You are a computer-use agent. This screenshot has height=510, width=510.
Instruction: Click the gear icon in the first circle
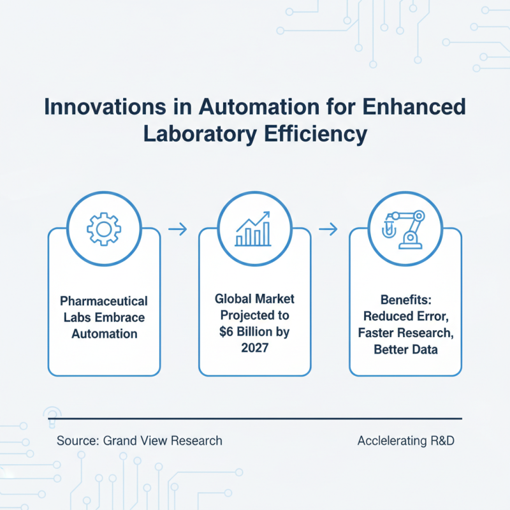pyautogui.click(x=104, y=229)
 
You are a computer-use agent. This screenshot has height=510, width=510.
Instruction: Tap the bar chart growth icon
pyautogui.click(x=252, y=229)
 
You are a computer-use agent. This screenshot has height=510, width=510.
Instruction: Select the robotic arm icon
pyautogui.click(x=404, y=229)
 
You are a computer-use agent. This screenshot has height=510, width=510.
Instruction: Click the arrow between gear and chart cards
pyautogui.click(x=178, y=229)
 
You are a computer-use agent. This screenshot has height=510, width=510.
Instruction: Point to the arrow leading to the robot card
pyautogui.click(x=328, y=229)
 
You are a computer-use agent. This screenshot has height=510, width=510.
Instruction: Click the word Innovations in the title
pyautogui.click(x=105, y=106)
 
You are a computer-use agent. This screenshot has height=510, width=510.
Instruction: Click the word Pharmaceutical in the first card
pyautogui.click(x=104, y=301)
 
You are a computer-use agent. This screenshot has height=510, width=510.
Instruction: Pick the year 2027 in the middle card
pyautogui.click(x=254, y=348)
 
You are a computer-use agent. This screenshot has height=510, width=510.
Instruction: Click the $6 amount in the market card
pyautogui.click(x=226, y=331)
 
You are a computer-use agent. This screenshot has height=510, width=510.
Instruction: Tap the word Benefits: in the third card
pyautogui.click(x=405, y=300)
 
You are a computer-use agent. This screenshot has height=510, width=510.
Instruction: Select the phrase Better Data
pyautogui.click(x=405, y=349)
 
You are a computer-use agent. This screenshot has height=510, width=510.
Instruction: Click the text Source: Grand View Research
pyautogui.click(x=140, y=441)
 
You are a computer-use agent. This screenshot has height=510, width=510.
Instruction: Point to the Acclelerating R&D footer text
pyautogui.click(x=406, y=441)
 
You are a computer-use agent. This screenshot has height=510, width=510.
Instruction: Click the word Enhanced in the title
pyautogui.click(x=414, y=106)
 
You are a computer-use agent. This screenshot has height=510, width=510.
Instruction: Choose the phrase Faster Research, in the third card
pyautogui.click(x=405, y=333)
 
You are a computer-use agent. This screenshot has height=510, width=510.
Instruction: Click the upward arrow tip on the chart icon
pyautogui.click(x=269, y=212)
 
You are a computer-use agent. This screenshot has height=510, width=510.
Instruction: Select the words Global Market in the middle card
pyautogui.click(x=254, y=299)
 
